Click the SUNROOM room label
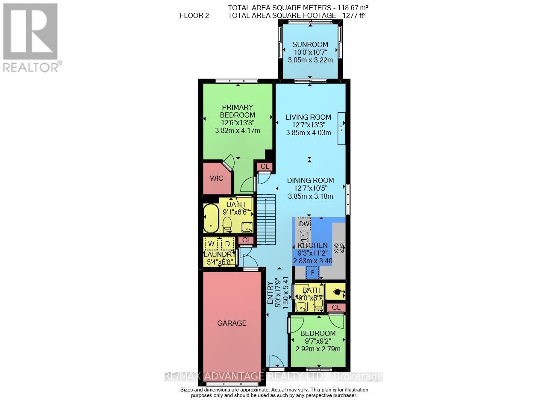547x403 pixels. tap(310, 44)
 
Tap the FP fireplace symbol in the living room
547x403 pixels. tap(341, 127)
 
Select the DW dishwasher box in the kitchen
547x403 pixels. tap(304, 224)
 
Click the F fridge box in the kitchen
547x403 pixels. tap(312, 272)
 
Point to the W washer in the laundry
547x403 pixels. tap(211, 244)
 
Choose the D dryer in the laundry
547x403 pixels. tap(227, 244)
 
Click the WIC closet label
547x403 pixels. tap(217, 178)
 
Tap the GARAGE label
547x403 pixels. tap(232, 323)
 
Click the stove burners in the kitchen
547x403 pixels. tap(339, 248)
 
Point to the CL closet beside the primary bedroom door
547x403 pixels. tap(265, 166)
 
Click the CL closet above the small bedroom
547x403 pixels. tap(336, 307)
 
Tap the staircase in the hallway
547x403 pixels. tap(265, 219)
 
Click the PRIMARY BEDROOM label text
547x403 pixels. tap(237, 111)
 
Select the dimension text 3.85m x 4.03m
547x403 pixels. tap(309, 132)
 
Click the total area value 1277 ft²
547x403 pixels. tap(351, 15)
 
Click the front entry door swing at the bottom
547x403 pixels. tap(276, 362)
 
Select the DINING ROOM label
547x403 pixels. tap(310, 180)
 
